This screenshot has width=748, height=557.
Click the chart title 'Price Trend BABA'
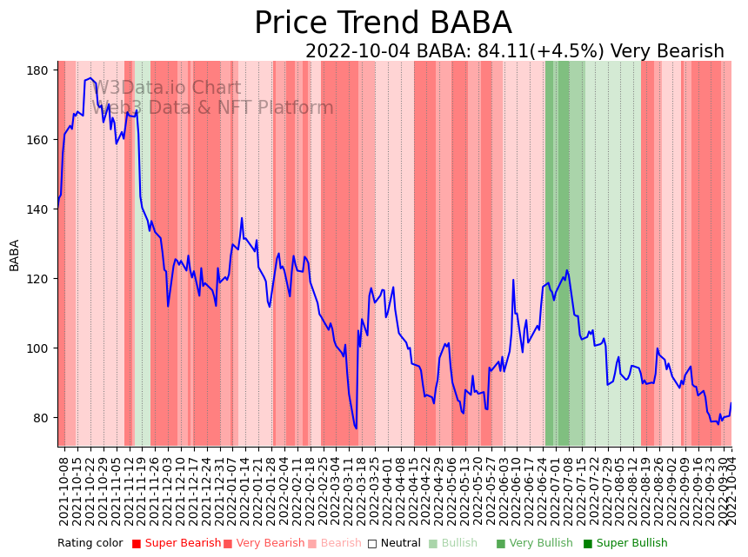(383, 23)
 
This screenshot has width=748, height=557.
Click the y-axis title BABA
(15, 255)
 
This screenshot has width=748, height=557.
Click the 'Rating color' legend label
(90, 544)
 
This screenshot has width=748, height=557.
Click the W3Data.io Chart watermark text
(166, 89)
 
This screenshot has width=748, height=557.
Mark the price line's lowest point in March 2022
(356, 428)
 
